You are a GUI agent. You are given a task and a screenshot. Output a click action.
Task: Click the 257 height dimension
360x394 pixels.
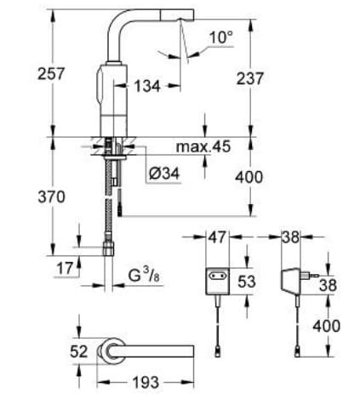coord(21,75)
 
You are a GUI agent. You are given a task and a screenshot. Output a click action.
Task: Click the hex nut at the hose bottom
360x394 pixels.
coord(109,248)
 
